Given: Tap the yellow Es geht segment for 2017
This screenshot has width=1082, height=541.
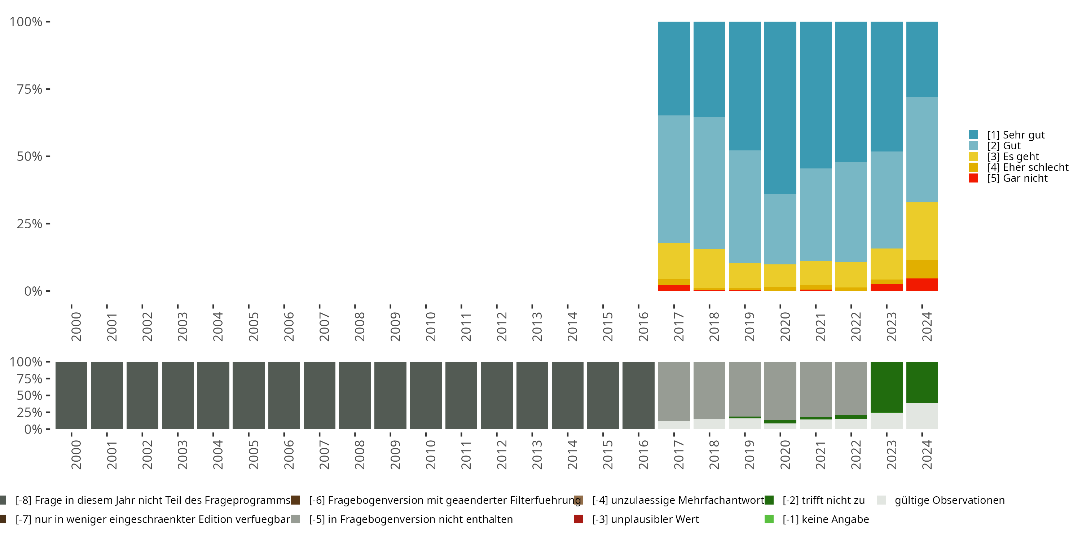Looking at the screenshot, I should (x=674, y=261).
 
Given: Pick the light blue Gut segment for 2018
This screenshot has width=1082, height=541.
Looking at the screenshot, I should (x=709, y=183).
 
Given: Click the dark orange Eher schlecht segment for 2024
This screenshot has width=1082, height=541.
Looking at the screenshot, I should (x=922, y=269).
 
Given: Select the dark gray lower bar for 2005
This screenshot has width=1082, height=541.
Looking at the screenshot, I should (x=248, y=395).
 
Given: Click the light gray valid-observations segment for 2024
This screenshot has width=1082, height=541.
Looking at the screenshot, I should (x=922, y=416).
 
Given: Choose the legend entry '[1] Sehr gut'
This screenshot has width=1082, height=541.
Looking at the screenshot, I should (x=1016, y=135).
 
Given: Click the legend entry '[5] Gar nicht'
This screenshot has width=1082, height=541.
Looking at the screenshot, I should (x=1017, y=178).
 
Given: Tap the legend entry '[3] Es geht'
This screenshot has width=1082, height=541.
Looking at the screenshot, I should (x=1013, y=157).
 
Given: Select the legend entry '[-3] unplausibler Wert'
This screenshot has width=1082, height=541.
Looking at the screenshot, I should (x=645, y=519).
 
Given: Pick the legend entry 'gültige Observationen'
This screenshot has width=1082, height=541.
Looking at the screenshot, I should (x=949, y=500).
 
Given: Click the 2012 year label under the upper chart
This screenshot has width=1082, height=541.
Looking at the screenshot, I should (x=502, y=326).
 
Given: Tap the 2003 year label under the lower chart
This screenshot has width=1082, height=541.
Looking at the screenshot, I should (x=182, y=454).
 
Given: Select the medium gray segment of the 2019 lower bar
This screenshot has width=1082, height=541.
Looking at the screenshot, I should (x=745, y=388).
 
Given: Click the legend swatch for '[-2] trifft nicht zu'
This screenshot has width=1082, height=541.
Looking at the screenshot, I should (x=769, y=500).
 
